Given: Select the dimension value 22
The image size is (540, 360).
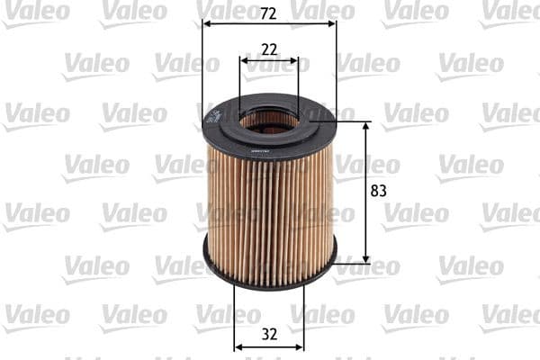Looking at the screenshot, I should (x=269, y=50).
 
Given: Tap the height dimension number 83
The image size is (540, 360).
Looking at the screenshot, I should (x=378, y=191).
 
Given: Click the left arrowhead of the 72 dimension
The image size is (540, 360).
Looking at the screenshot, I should (x=207, y=24).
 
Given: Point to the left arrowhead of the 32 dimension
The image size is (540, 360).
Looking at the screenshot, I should (x=238, y=346).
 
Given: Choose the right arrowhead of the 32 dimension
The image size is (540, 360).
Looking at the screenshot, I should (x=300, y=346).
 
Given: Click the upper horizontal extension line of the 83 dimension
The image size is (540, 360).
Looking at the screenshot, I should (x=351, y=121).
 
